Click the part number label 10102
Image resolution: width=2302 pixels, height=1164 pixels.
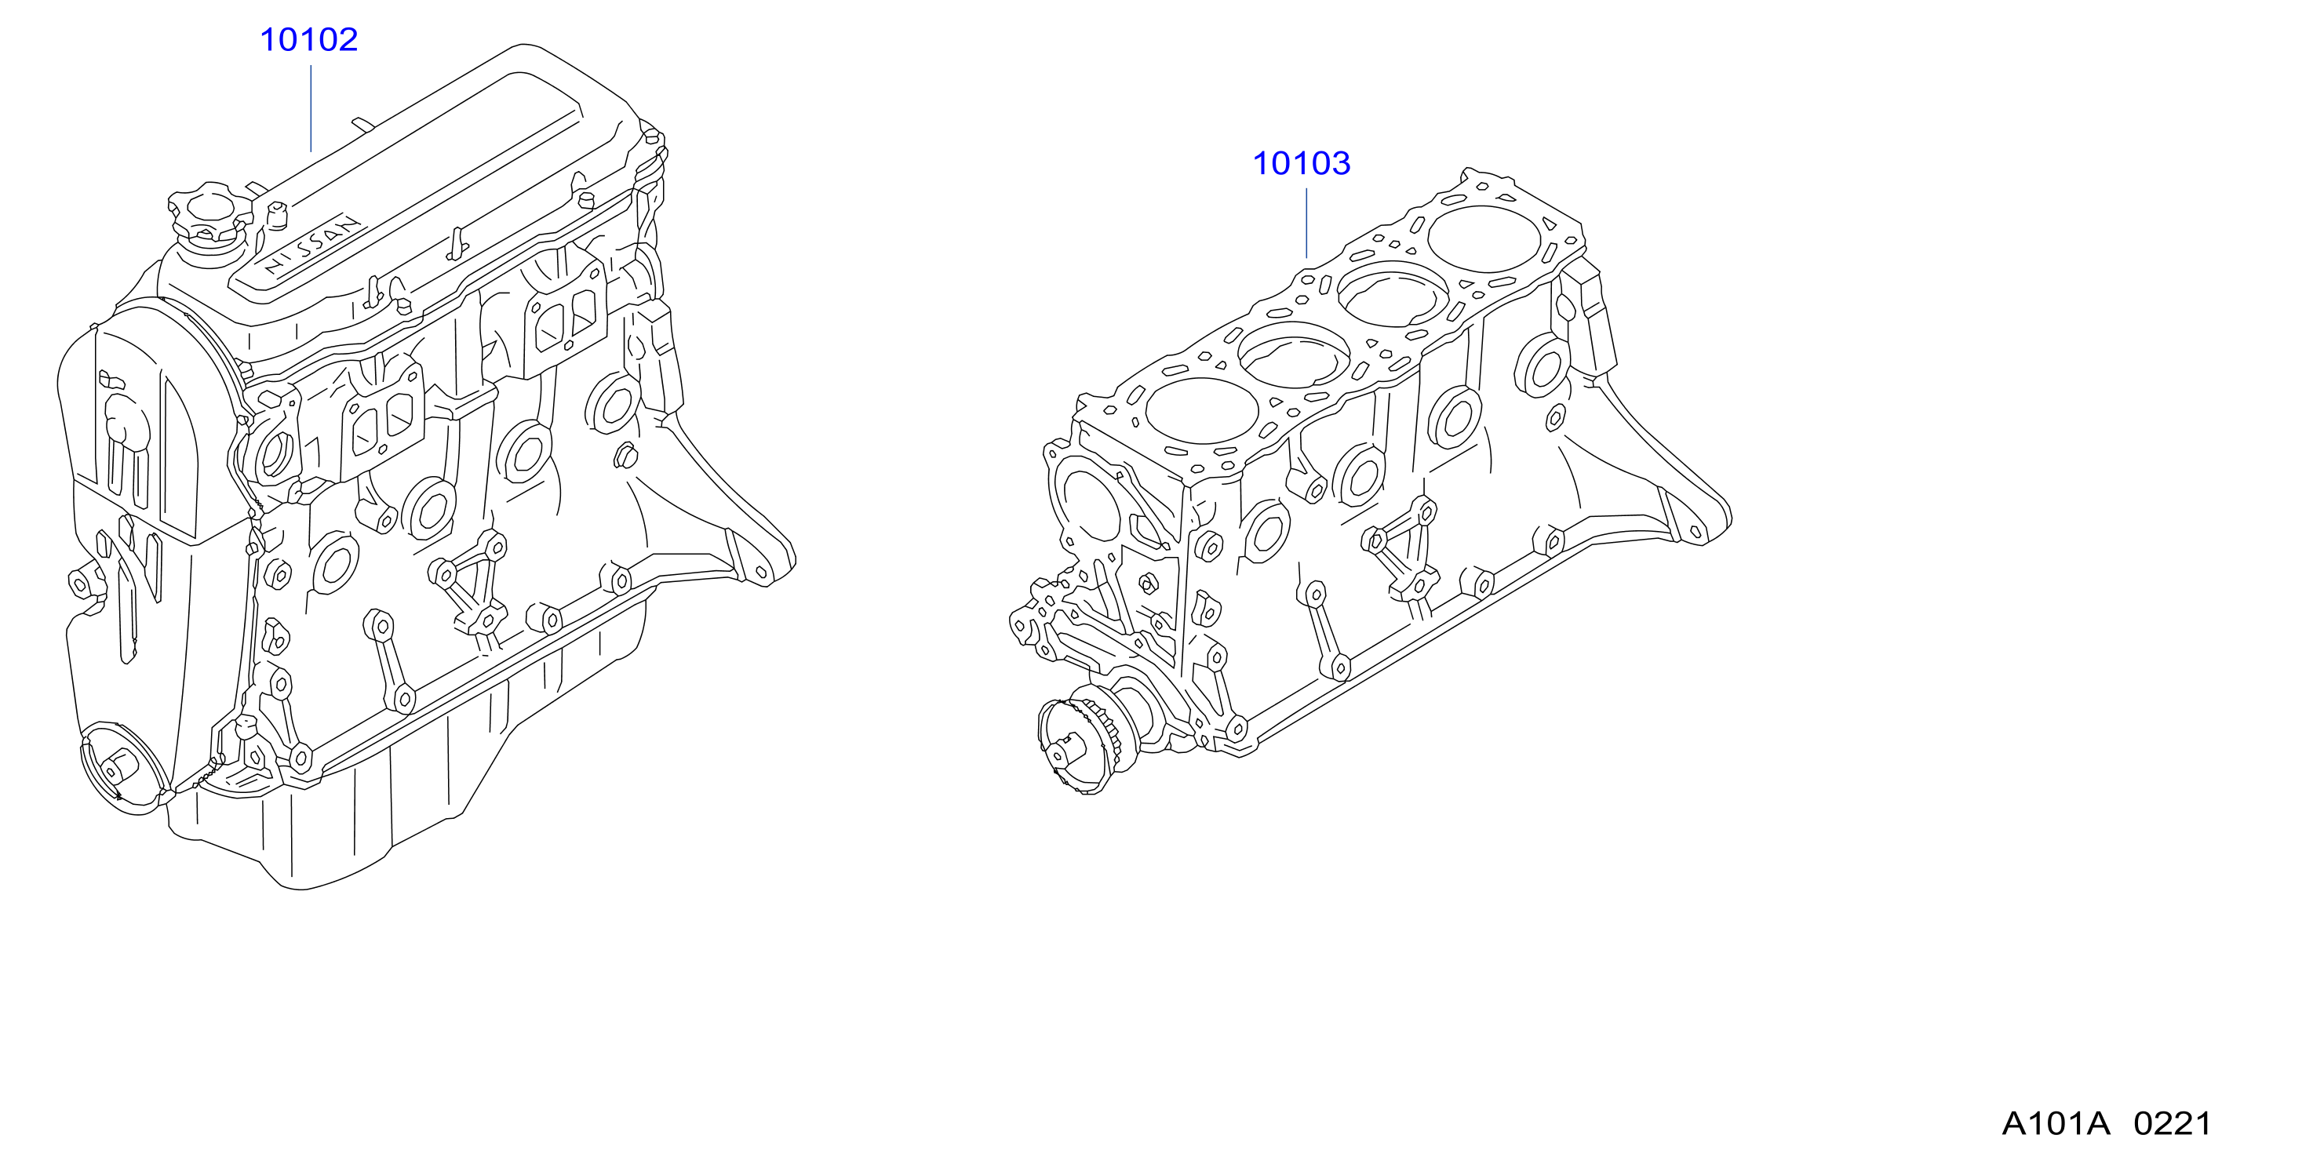308,40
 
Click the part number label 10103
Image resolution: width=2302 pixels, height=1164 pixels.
1301,163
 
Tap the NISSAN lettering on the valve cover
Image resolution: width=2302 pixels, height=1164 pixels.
313,243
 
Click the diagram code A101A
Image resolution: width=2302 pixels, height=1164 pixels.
2056,1124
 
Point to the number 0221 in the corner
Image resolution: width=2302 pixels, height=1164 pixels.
2173,1124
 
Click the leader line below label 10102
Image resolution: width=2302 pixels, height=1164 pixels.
311,108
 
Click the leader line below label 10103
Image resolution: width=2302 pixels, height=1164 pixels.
1306,224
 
